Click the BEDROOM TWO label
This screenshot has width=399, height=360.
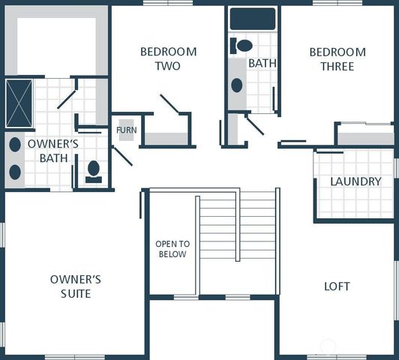(x=168, y=58)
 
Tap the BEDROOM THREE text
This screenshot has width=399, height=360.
(x=337, y=58)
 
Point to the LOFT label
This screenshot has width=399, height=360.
(x=337, y=286)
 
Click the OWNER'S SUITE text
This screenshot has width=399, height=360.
(x=75, y=286)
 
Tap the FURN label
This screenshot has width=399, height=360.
(x=126, y=130)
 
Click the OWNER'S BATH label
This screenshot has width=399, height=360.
(x=48, y=150)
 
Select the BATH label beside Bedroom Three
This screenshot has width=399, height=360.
(x=262, y=63)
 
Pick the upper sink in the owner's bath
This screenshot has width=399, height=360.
(x=15, y=144)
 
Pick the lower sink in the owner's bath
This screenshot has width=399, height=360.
(x=15, y=171)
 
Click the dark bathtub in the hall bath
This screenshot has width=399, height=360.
(x=252, y=19)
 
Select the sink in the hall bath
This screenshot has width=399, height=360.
(x=237, y=85)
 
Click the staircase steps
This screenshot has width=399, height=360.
(x=237, y=225)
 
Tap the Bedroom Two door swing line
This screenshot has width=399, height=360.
(x=169, y=104)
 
